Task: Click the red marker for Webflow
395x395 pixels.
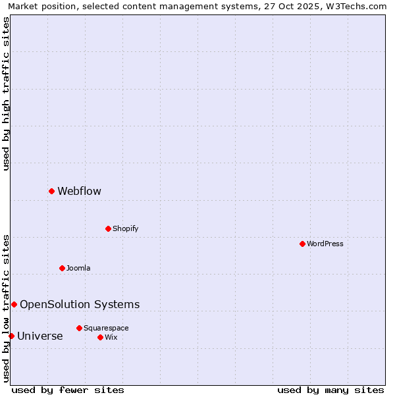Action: tap(51, 191)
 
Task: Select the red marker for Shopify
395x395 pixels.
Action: tap(108, 228)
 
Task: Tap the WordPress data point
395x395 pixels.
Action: tap(302, 244)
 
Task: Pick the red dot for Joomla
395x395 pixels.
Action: tap(62, 268)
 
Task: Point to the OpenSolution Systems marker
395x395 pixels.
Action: tap(14, 304)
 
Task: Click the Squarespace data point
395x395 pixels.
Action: tap(79, 328)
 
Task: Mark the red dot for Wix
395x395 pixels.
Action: tap(100, 337)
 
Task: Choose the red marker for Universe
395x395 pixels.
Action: tap(11, 336)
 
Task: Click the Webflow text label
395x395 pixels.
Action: tap(79, 192)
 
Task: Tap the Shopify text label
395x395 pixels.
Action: tap(125, 229)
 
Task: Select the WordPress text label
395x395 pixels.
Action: tap(325, 244)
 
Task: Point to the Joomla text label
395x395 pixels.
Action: tap(78, 269)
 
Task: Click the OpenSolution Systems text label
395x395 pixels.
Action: tap(80, 304)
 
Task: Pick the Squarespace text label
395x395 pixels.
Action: tap(106, 329)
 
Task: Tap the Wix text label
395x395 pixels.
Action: tap(111, 338)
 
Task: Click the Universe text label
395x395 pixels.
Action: tap(40, 336)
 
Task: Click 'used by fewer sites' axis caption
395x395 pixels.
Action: tap(68, 390)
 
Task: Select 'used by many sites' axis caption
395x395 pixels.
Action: tap(330, 390)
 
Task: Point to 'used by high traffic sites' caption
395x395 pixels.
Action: tap(6, 93)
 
